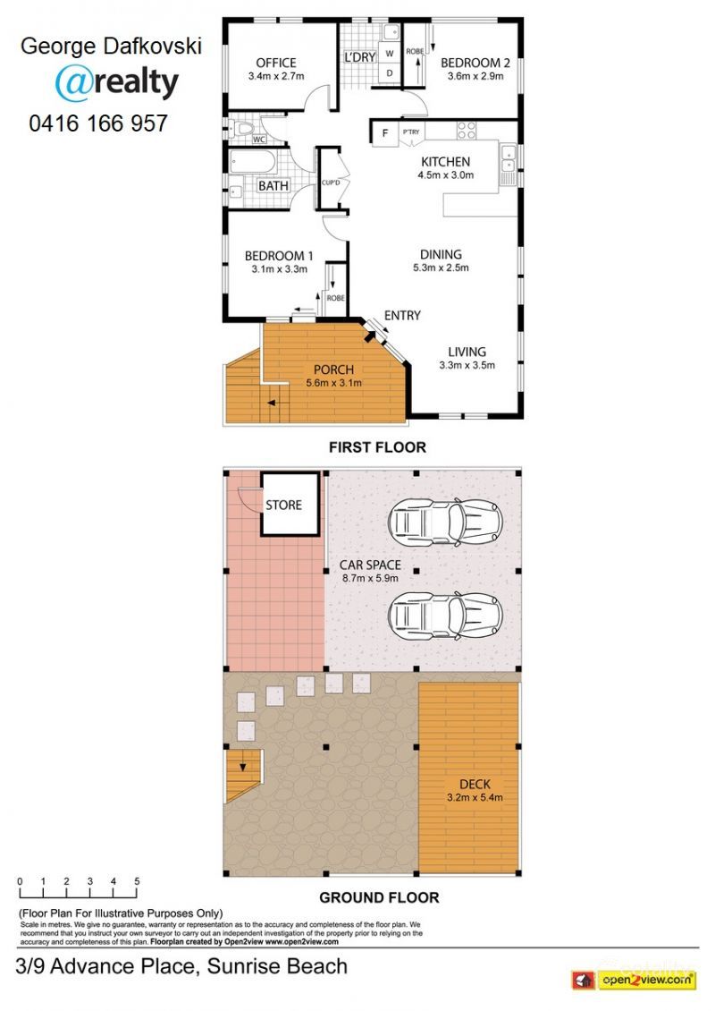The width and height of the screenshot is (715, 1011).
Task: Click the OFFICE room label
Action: [275, 63]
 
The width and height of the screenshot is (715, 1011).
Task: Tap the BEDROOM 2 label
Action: [475, 63]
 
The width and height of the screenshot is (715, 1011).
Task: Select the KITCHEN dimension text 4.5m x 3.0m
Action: [444, 175]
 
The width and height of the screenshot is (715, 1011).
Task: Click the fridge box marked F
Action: [384, 133]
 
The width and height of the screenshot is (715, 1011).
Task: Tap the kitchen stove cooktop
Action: [467, 130]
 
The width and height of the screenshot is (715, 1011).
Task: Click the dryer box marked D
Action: [390, 73]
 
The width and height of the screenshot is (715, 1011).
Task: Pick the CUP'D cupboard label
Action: [331, 183]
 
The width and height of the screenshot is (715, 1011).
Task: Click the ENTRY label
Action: [402, 315]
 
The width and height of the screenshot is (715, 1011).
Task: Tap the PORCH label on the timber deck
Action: [334, 370]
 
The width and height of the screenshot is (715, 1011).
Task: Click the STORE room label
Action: [284, 505]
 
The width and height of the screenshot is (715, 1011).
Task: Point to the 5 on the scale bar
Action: [137, 881]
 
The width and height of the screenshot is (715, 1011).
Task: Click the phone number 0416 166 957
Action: [98, 123]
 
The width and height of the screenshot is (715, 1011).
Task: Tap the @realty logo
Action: [116, 82]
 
